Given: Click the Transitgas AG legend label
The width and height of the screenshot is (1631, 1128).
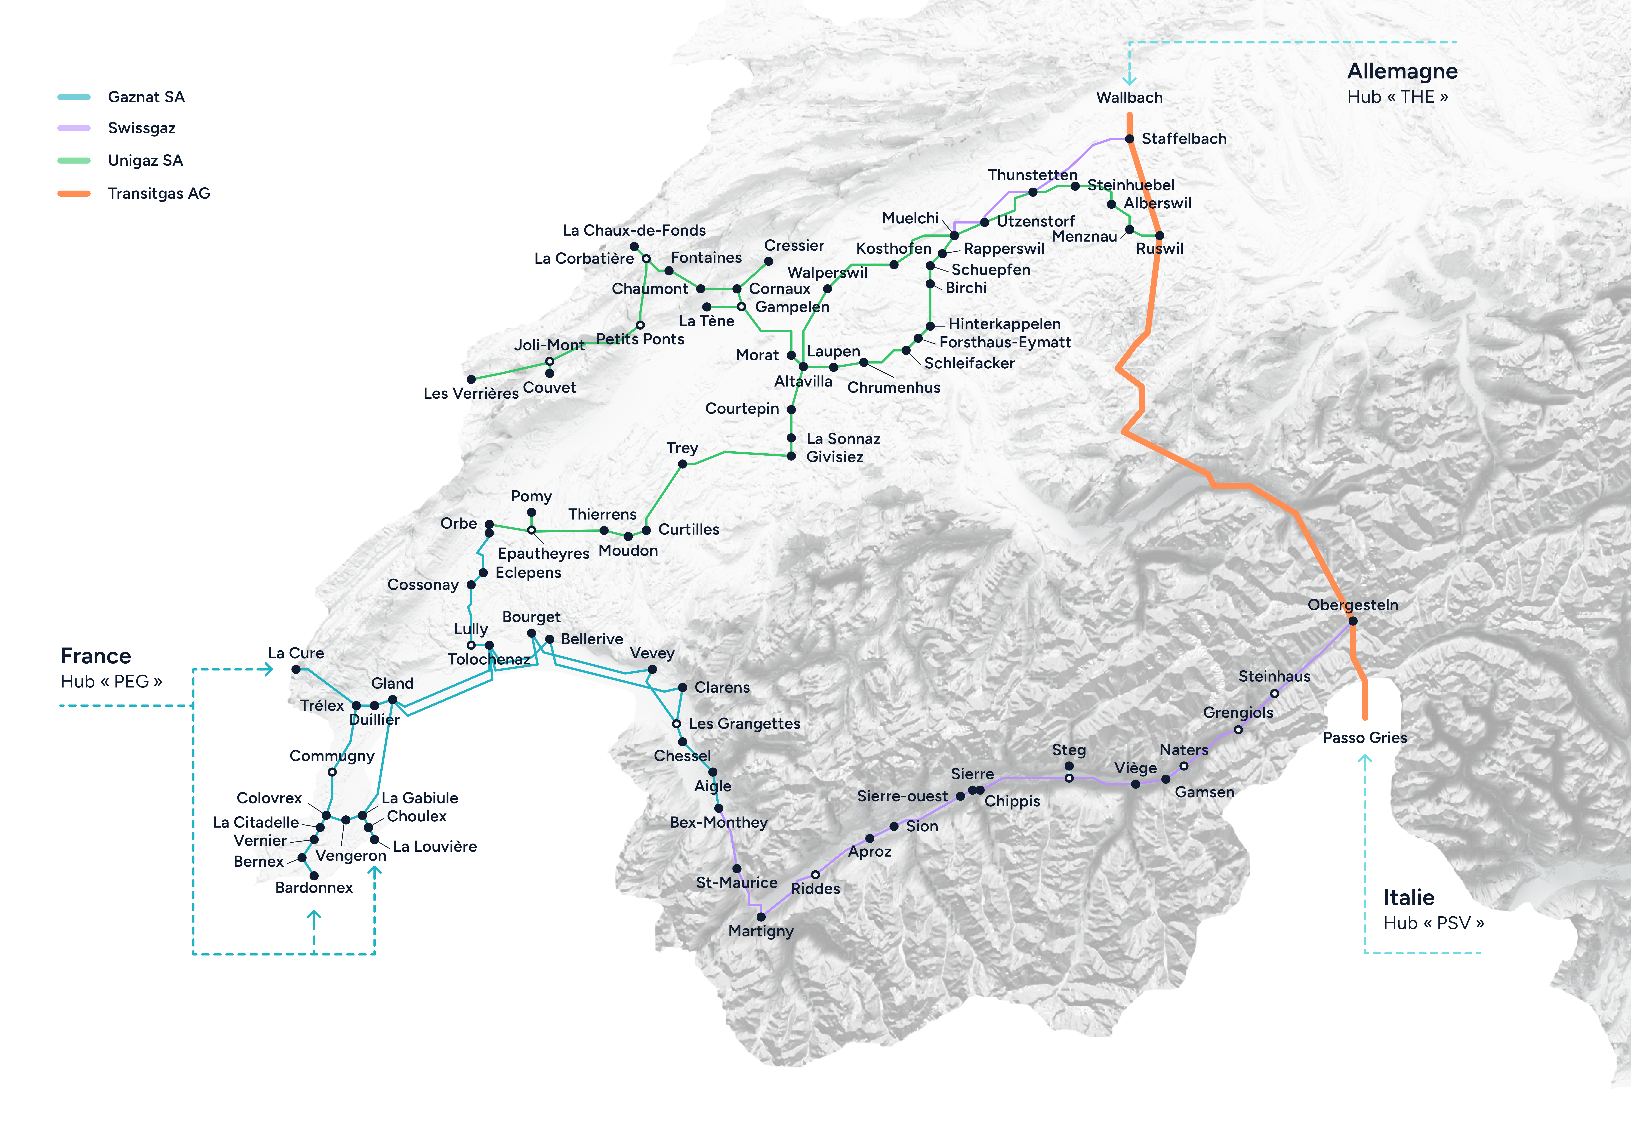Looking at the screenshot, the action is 159,194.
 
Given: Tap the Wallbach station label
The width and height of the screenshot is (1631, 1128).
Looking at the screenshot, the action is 1129,97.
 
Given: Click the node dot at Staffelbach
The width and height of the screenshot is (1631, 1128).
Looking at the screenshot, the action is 1129,138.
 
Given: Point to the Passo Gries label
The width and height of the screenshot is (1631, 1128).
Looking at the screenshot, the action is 1365,738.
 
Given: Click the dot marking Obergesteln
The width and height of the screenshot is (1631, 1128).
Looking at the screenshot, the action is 1353,621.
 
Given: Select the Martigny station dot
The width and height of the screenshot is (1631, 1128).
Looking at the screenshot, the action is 761,917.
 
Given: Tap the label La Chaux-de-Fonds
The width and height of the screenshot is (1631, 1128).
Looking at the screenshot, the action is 634,230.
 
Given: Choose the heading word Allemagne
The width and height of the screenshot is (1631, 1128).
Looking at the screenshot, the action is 1402,71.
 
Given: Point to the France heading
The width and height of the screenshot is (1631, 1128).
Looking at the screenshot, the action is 96,657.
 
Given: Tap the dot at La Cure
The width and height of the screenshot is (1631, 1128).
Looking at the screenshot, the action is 296,669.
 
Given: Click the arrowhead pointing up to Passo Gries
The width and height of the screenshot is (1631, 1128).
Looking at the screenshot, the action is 1365,760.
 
